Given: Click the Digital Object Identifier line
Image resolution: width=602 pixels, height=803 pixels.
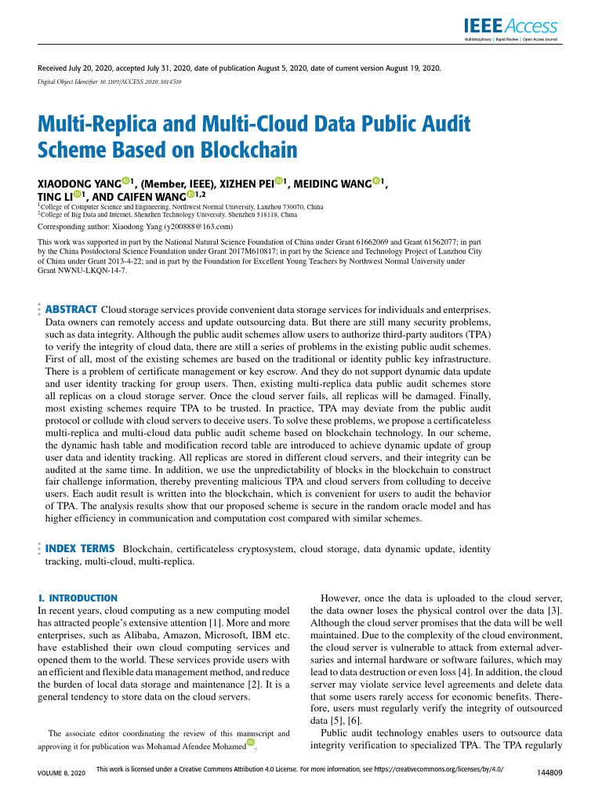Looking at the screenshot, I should (x=110, y=82).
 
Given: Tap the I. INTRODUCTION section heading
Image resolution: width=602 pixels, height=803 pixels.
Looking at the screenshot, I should (x=78, y=598).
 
